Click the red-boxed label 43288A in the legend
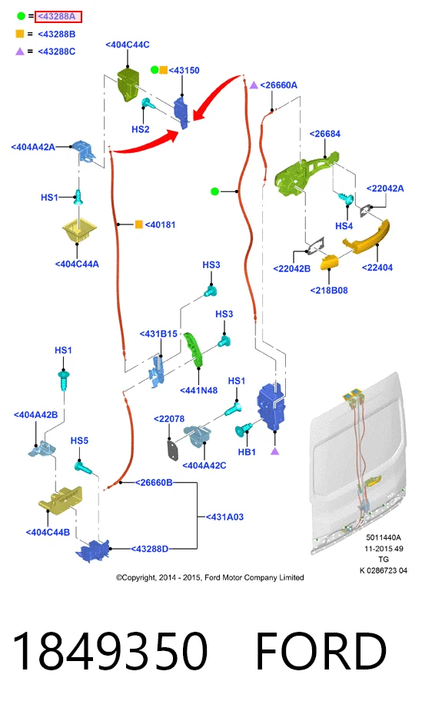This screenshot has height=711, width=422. (58, 16)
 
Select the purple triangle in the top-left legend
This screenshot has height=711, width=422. (19, 51)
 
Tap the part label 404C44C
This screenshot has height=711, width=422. (128, 45)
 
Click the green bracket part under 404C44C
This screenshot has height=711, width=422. (128, 85)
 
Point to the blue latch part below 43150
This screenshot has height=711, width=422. (181, 111)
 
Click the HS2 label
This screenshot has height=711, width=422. (141, 129)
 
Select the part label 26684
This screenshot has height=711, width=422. (324, 134)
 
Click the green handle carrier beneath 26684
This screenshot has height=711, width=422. (306, 174)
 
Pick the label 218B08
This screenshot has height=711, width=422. (329, 291)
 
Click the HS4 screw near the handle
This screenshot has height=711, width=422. (347, 198)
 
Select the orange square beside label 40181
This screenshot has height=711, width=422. (138, 224)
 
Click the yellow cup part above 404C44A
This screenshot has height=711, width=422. (79, 231)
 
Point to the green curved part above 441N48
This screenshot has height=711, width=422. (194, 350)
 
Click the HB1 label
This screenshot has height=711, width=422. (247, 452)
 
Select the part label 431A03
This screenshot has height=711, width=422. (224, 517)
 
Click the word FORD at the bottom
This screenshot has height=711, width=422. (321, 652)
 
